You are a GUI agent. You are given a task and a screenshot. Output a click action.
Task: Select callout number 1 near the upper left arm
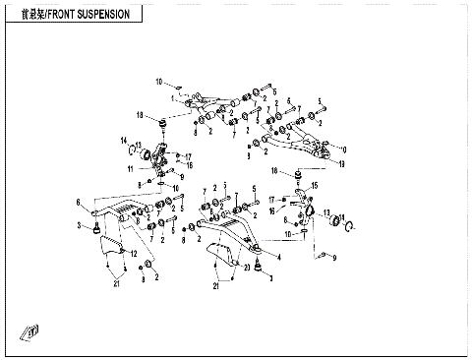(x=172, y=98)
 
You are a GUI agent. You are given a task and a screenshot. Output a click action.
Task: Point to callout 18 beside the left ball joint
(x=141, y=115)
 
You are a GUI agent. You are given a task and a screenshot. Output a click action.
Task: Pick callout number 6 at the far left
(x=78, y=203)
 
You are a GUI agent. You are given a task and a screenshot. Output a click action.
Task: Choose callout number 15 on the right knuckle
(x=316, y=184)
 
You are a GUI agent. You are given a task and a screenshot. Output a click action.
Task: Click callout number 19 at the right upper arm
(x=341, y=164)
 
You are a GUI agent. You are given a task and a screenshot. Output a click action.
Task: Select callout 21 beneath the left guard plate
(x=115, y=285)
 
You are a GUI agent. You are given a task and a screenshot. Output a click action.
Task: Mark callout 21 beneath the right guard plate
(x=217, y=286)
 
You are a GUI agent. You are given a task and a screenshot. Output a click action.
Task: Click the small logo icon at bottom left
(x=31, y=331)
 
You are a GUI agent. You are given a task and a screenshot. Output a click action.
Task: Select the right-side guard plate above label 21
(x=226, y=258)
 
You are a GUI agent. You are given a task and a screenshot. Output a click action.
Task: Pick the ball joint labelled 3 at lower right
(x=257, y=264)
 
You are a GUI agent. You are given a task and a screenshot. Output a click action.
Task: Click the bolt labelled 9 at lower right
(x=321, y=256)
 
